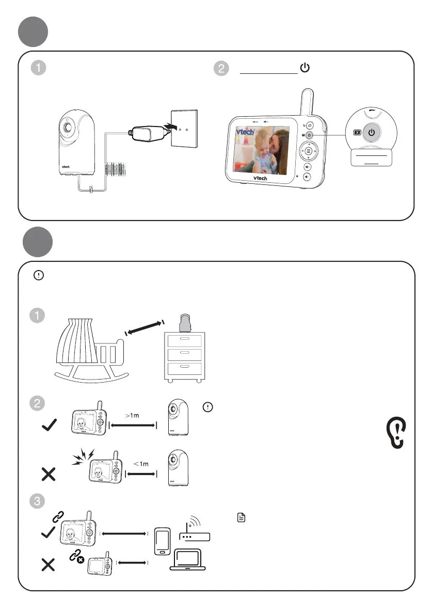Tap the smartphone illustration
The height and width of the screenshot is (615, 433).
point(162,541)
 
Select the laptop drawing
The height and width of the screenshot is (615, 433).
point(187,559)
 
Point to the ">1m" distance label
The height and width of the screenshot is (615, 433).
point(134,414)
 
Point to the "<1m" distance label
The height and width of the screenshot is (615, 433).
point(141,464)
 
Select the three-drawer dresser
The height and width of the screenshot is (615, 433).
point(183,354)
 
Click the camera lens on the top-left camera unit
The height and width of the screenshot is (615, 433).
point(67,127)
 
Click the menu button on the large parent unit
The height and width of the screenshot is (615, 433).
point(308,151)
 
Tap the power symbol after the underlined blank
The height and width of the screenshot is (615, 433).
point(304,68)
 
